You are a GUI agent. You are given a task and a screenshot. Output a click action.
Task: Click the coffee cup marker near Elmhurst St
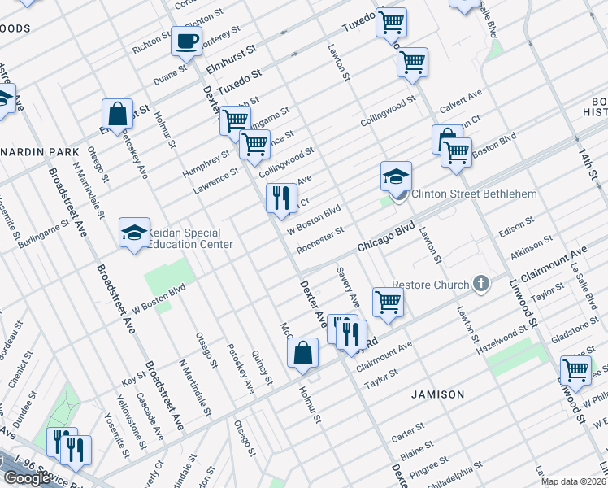point(186,40)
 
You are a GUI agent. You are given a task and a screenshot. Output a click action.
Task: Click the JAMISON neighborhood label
point(437,394)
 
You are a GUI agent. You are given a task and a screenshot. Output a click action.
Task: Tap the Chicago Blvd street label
point(387,237)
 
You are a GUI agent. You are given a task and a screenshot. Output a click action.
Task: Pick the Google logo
point(27,478)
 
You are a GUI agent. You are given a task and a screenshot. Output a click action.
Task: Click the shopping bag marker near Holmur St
point(302,353)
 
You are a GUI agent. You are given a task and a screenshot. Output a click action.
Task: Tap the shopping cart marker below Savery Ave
point(389,302)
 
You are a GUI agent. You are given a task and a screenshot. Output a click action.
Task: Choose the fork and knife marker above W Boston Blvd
point(281,198)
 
